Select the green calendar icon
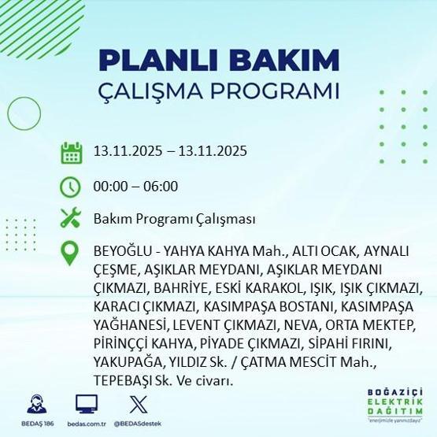pyautogui.click(x=72, y=152)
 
